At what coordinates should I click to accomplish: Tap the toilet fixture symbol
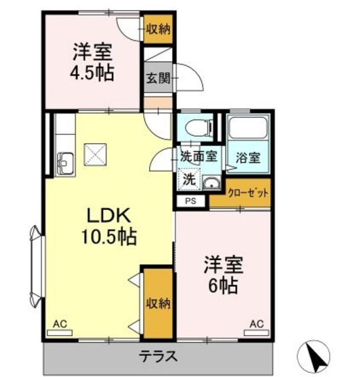tap(198, 127)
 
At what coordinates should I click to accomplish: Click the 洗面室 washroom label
tap(199, 157)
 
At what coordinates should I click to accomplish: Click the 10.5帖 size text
tap(108, 237)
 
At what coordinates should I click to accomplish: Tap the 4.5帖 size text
tap(93, 74)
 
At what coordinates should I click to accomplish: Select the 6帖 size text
tap(222, 285)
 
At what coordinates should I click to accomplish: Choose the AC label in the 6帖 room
tap(256, 323)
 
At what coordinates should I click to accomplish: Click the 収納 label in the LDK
tap(158, 304)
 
